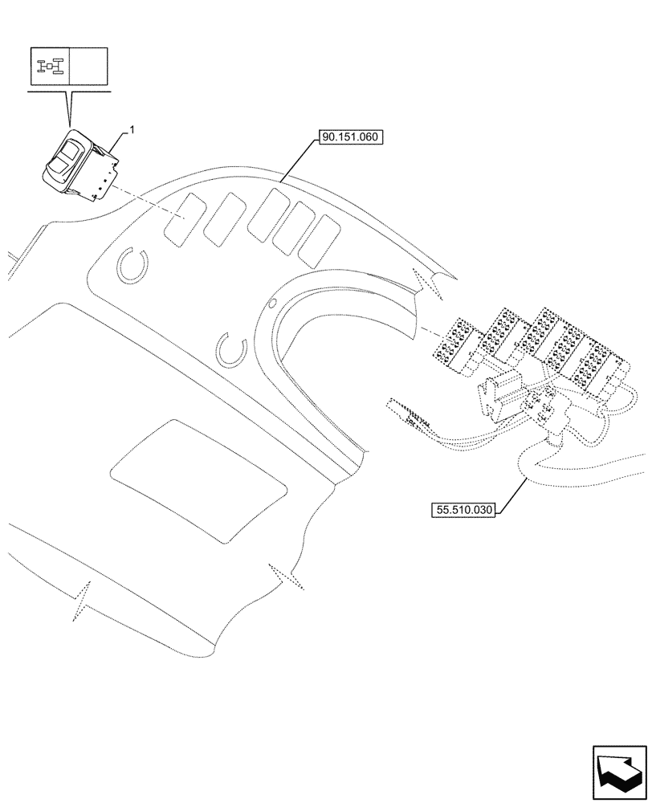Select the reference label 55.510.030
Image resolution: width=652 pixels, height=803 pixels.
(x=465, y=509)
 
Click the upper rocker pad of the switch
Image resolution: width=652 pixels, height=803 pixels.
(x=71, y=149)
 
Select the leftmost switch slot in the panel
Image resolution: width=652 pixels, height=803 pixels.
(x=181, y=219)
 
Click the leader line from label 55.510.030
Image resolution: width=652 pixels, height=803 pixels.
(x=514, y=491)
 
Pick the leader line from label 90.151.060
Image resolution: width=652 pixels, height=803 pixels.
(x=298, y=161)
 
